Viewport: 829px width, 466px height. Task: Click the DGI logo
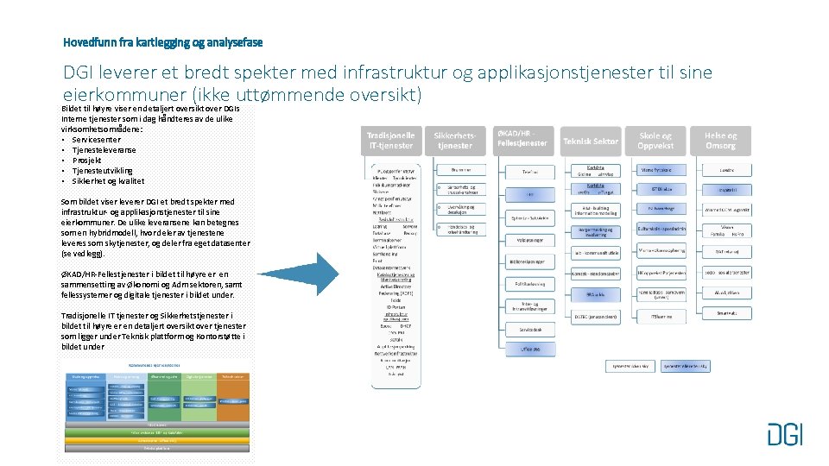click(784, 433)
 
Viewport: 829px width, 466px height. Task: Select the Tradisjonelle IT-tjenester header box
click(390, 141)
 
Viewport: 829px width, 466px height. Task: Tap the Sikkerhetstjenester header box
click(454, 141)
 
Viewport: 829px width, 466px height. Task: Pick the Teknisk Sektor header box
click(591, 141)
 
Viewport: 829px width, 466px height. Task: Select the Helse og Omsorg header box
click(721, 141)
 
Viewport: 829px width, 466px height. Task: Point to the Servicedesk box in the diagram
click(530, 330)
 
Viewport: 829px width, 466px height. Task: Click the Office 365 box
click(530, 349)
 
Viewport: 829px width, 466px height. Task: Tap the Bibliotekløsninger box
click(530, 260)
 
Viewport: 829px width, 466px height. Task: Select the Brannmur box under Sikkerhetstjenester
click(460, 171)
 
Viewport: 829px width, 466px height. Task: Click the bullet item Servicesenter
click(97, 139)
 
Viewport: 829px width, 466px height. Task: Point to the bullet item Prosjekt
click(87, 160)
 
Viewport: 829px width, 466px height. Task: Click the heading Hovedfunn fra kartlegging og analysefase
click(163, 42)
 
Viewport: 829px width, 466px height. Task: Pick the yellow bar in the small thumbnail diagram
click(156, 440)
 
